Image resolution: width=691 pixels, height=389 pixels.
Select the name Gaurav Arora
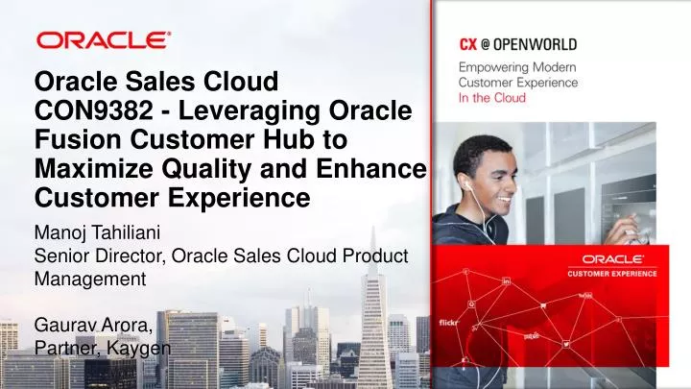(x=92, y=327)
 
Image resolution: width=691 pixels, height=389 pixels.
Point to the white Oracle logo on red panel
(x=620, y=259)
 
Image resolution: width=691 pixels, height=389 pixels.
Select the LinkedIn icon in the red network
(x=506, y=282)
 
